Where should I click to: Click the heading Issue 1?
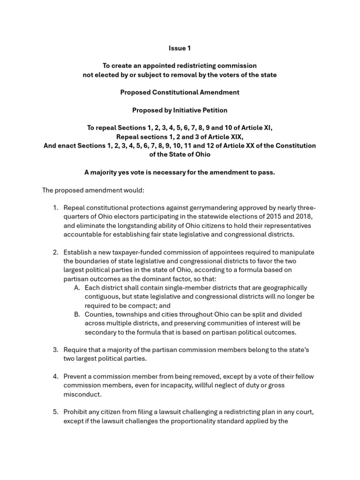point(180,48)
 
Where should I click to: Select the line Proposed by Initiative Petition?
point(180,110)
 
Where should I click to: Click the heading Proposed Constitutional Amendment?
point(180,92)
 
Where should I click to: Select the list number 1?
point(55,208)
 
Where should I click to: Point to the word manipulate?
point(295,252)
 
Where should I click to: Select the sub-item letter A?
point(77,288)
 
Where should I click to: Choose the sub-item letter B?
point(77,315)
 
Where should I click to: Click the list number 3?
point(55,350)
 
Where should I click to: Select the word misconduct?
point(82,394)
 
